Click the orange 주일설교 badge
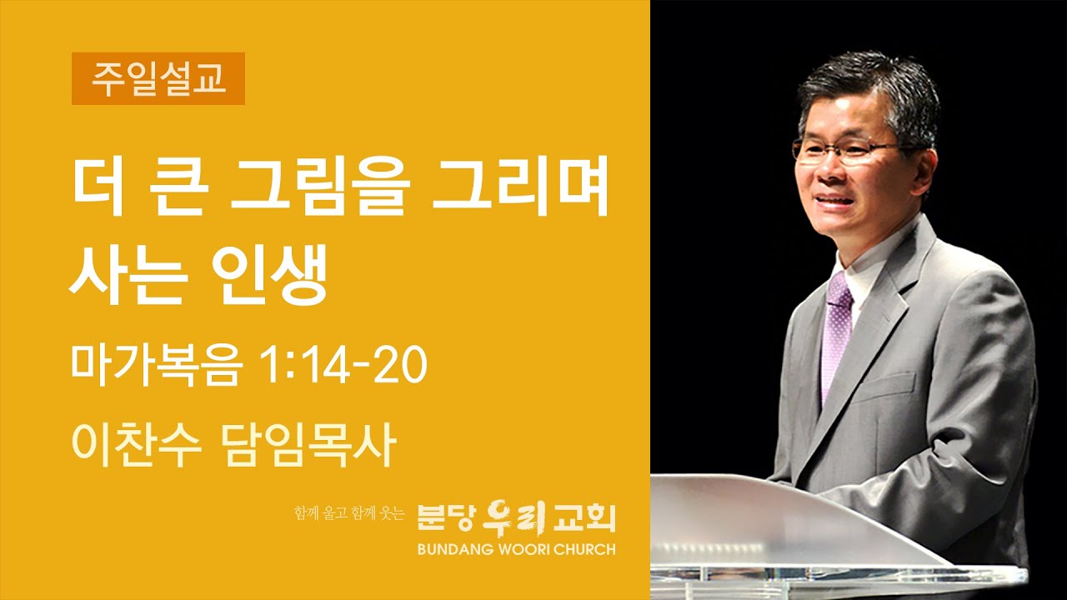coord(158,78)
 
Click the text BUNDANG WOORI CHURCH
coord(517,549)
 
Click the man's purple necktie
coord(835,333)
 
